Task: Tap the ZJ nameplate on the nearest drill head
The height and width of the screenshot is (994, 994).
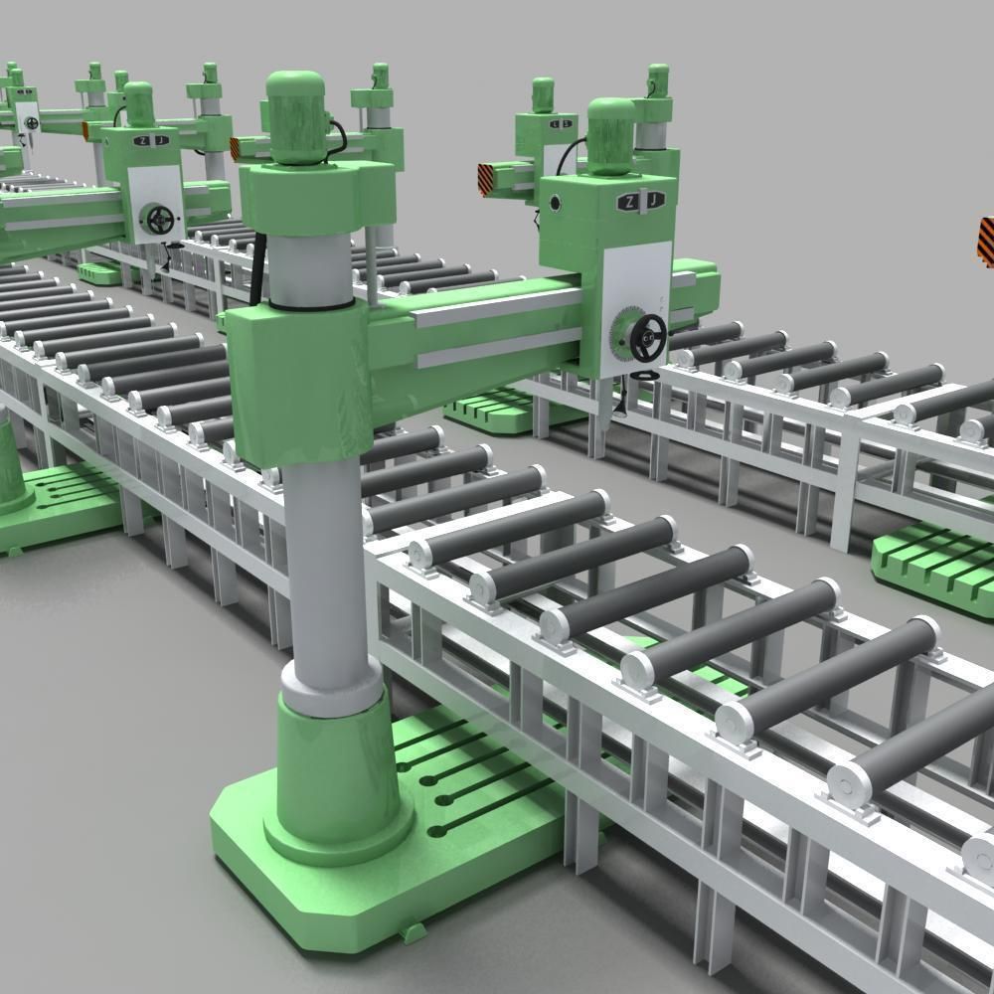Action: pyautogui.click(x=641, y=202)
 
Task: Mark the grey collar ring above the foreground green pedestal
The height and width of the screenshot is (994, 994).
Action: pyautogui.click(x=331, y=686)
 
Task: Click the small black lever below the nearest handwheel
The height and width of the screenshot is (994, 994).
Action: pyautogui.click(x=642, y=372)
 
